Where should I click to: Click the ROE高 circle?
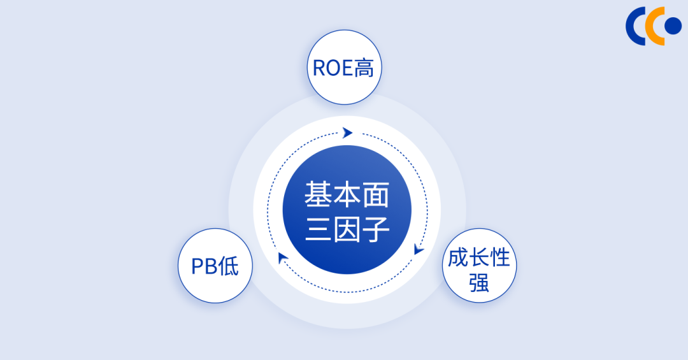tap(345, 68)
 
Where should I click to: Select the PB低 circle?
tap(215, 266)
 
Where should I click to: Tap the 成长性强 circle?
tap(479, 266)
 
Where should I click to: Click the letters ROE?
tap(333, 68)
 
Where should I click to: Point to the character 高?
tap(364, 68)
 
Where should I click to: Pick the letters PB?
tap(204, 266)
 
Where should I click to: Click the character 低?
tap(228, 266)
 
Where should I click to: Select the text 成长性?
tap(479, 257)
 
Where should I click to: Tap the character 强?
tap(479, 282)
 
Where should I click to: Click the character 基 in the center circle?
tap(317, 194)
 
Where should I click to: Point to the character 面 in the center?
tap(376, 194)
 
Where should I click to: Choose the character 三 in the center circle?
tap(317, 229)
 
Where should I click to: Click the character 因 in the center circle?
tap(347, 229)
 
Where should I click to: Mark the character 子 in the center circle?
tap(376, 229)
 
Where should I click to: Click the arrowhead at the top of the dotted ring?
tap(347, 133)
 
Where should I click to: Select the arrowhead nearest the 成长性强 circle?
tap(419, 249)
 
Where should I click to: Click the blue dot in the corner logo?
tap(673, 25)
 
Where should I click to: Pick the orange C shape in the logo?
tap(654, 25)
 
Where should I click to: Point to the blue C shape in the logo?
tap(635, 25)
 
